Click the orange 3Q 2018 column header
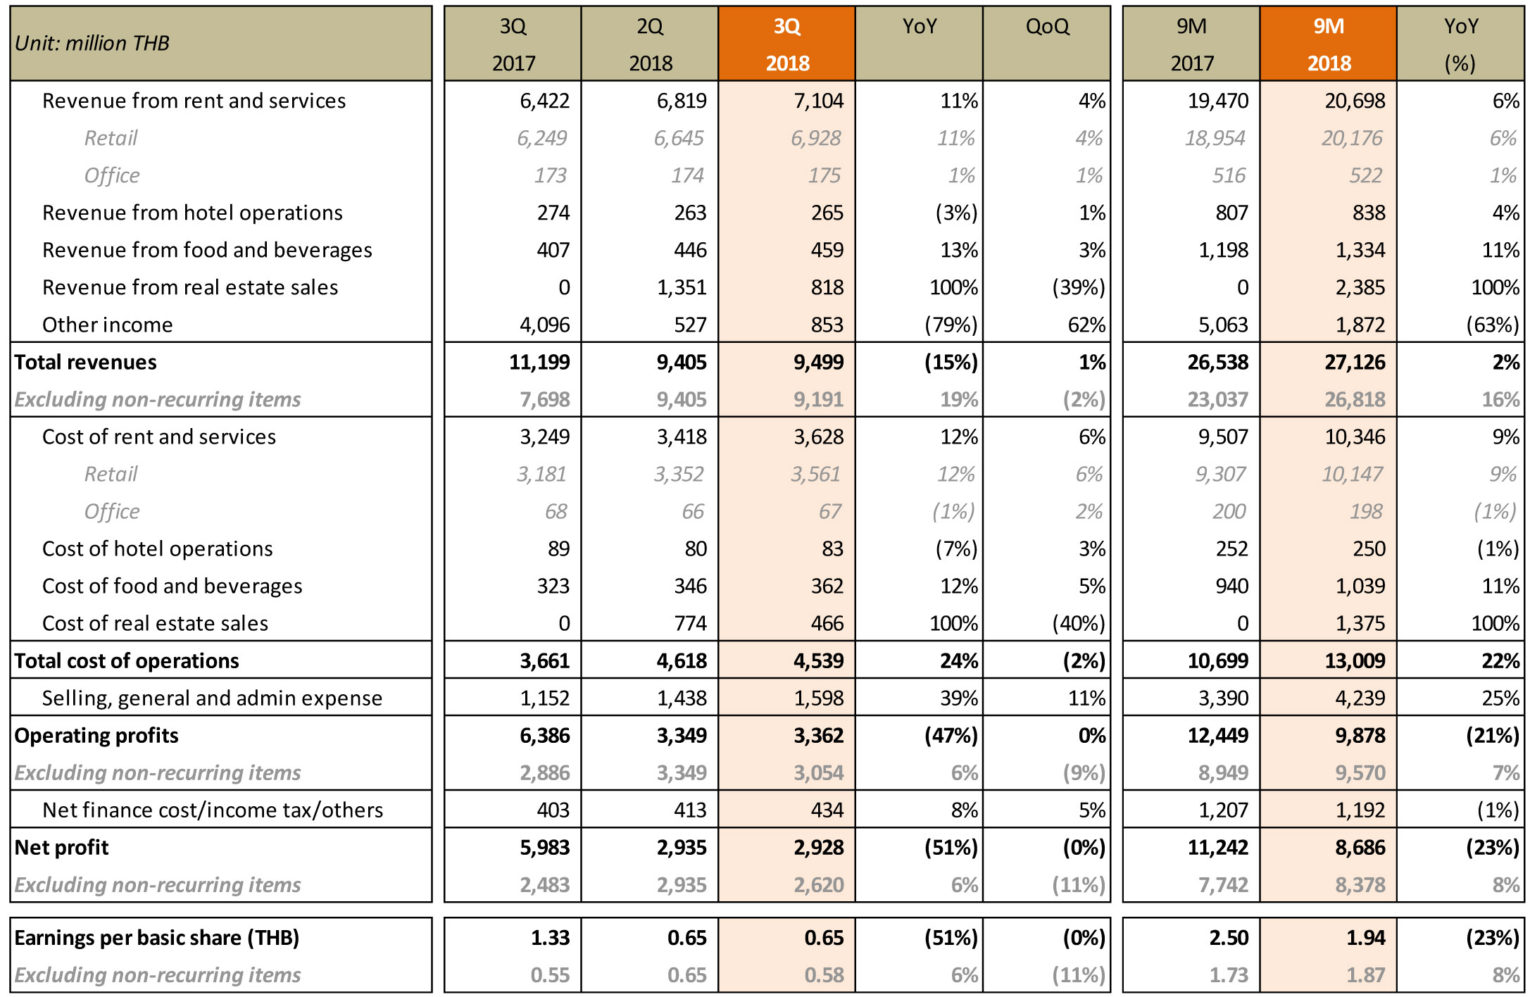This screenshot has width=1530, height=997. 786,44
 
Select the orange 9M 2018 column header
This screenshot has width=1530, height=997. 1329,44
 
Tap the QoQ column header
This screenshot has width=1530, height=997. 1047,27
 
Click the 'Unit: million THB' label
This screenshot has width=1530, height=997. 92,44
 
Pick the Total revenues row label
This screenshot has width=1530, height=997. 85,362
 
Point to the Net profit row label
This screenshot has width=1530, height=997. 61,847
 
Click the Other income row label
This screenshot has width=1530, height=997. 107,325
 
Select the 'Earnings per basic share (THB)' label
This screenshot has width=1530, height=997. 156,938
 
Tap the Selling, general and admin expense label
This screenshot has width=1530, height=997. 212,698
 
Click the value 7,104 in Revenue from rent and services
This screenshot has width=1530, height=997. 818,101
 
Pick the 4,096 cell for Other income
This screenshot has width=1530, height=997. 545,325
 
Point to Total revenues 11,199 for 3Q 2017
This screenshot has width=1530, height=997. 539,362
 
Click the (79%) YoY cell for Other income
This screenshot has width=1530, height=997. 951,325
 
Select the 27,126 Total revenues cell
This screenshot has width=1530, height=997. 1355,362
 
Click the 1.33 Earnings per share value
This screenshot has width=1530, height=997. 550,938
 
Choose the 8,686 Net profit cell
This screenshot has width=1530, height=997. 1360,847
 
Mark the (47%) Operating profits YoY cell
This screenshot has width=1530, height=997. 951,735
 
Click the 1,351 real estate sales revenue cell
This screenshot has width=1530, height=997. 682,287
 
